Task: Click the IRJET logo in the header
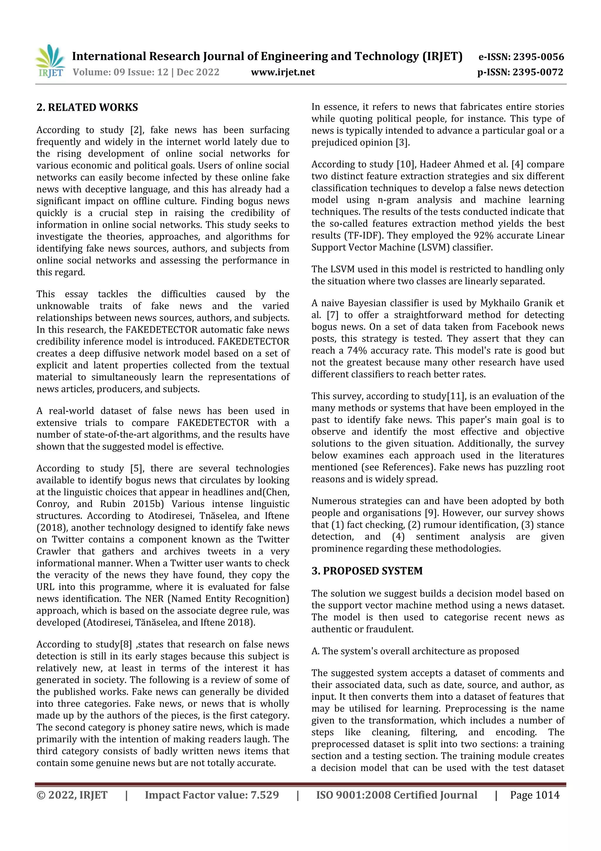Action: (50, 61)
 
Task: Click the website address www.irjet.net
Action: (283, 72)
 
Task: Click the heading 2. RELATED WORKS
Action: (87, 108)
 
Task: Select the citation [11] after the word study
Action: (456, 396)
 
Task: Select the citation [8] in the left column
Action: (126, 644)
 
